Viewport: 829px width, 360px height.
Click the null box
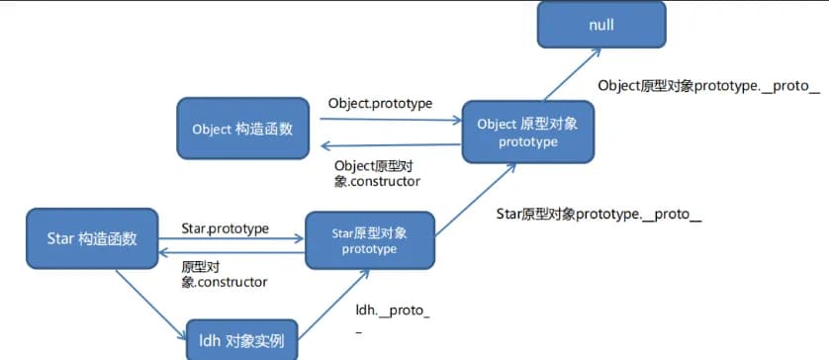(601, 24)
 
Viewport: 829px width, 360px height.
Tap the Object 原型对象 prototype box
(527, 133)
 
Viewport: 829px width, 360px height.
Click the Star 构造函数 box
(91, 238)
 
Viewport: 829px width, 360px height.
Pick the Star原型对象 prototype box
(369, 240)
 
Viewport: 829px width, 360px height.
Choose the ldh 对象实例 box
(241, 341)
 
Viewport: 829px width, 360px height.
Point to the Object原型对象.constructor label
(378, 173)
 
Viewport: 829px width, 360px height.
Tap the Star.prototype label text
(225, 228)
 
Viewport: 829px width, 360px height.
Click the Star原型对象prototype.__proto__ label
(599, 213)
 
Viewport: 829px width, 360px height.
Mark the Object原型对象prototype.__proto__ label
(709, 86)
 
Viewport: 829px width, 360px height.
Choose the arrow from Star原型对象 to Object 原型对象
(474, 204)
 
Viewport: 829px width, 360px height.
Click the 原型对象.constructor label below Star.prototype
(224, 275)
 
